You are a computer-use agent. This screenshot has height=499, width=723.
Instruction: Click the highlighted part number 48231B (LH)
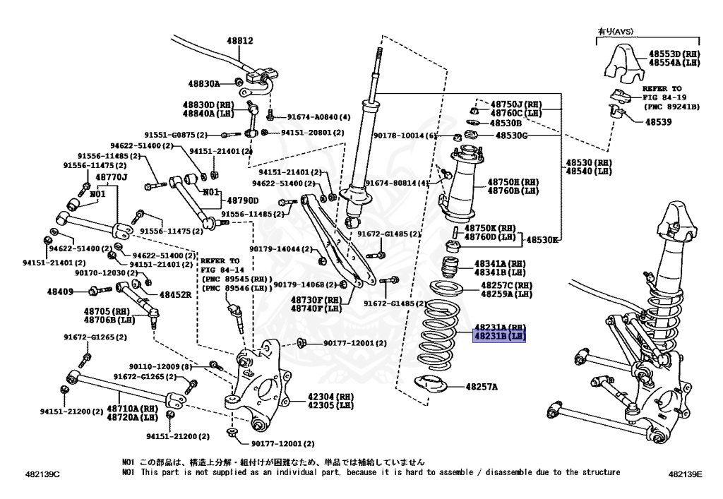tap(500, 337)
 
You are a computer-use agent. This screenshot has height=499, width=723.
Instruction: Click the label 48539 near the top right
tap(658, 121)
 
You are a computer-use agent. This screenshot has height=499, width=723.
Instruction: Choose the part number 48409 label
tap(61, 291)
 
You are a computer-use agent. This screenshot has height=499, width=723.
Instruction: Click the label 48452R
tap(175, 295)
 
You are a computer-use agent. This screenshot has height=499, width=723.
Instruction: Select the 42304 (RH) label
tap(330, 397)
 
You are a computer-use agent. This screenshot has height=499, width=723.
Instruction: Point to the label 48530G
tap(511, 135)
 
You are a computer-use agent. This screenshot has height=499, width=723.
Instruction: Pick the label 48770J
tap(112, 177)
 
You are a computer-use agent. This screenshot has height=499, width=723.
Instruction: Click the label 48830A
tap(204, 83)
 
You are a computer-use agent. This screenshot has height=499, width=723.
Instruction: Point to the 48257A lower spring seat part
tap(430, 385)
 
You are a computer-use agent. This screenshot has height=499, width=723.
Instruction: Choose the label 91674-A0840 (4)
tap(318, 117)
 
